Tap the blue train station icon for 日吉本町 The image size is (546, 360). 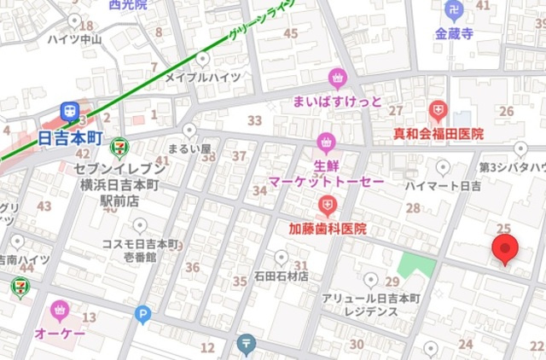point(69,111)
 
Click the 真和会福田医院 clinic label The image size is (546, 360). point(438,134)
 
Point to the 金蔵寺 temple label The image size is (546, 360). point(453,35)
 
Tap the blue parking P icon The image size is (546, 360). point(142,316)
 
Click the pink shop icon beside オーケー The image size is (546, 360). point(60,308)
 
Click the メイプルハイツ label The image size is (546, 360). point(202,78)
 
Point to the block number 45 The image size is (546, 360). point(291,33)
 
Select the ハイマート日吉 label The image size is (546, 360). point(443,185)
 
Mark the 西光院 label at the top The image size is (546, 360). point(128,4)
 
